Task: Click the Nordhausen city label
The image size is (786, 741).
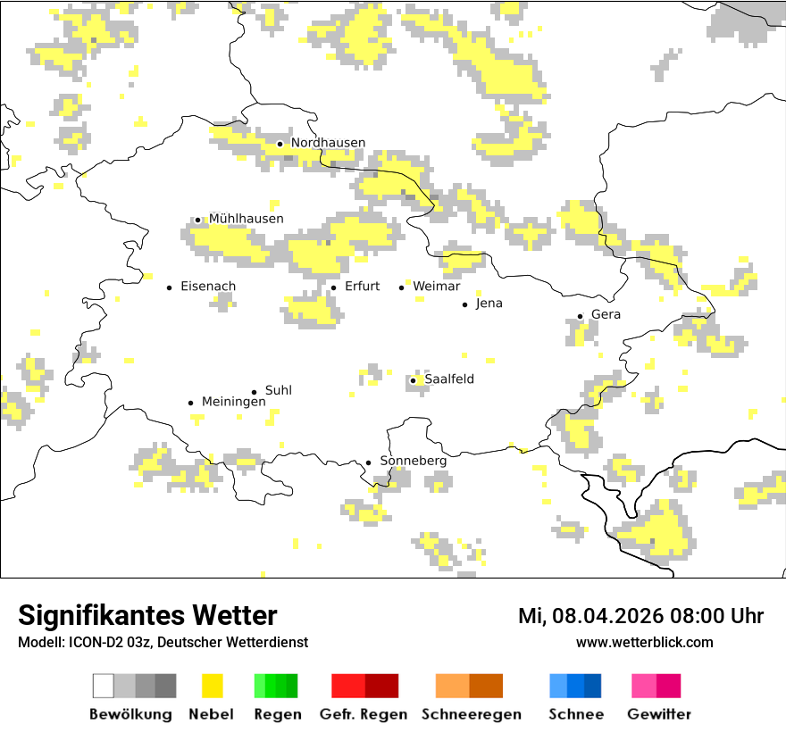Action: pyautogui.click(x=328, y=143)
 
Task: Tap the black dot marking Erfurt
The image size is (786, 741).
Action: pyautogui.click(x=333, y=287)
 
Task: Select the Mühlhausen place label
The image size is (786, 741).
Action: pyautogui.click(x=246, y=219)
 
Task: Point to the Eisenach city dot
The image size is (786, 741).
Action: pyautogui.click(x=169, y=287)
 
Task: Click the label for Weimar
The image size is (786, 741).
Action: pyautogui.click(x=436, y=287)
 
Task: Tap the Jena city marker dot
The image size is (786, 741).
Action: pyautogui.click(x=464, y=304)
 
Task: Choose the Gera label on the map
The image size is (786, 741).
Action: pyautogui.click(x=606, y=314)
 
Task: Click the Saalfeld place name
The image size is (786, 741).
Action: pyautogui.click(x=448, y=379)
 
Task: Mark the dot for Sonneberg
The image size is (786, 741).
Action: pyautogui.click(x=368, y=462)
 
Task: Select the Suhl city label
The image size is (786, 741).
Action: pyautogui.click(x=278, y=390)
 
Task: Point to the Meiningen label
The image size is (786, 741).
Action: pyautogui.click(x=233, y=402)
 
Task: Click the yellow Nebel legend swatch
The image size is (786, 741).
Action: pyautogui.click(x=212, y=686)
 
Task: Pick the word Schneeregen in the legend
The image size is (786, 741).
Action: pyautogui.click(x=472, y=714)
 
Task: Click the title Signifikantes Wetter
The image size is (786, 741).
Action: pyautogui.click(x=147, y=615)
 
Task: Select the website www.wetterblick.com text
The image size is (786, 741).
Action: pyautogui.click(x=644, y=642)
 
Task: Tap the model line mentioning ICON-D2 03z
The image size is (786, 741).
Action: pyautogui.click(x=163, y=642)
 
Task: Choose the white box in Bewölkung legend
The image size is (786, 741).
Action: pyautogui.click(x=104, y=686)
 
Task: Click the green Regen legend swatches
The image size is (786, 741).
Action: pyautogui.click(x=276, y=686)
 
